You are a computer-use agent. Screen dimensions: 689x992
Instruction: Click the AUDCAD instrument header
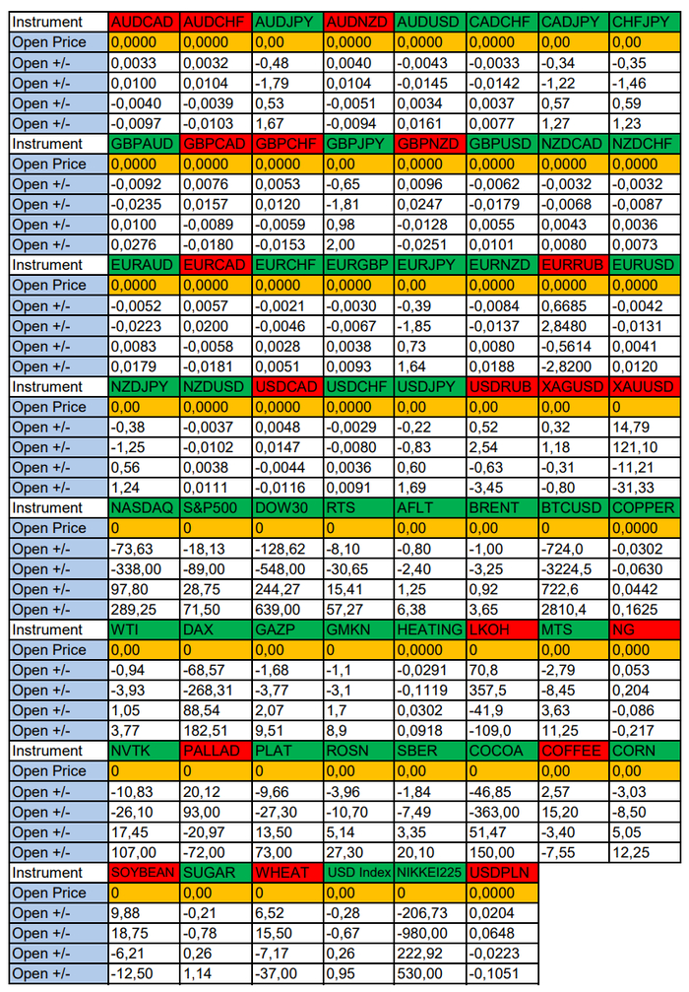(x=144, y=22)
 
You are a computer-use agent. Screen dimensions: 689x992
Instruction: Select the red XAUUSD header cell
(x=646, y=386)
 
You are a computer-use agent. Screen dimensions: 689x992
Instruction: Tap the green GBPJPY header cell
(x=358, y=144)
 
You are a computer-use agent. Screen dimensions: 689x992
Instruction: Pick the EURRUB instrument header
(x=574, y=265)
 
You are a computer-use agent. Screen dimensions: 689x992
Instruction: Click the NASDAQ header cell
(x=144, y=508)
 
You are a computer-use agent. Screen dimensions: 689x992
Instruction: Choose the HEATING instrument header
(x=430, y=629)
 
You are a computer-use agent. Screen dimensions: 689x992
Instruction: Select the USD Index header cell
(x=358, y=873)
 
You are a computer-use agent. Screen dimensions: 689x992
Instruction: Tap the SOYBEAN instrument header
(x=144, y=873)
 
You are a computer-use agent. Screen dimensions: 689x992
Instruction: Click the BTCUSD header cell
(x=574, y=508)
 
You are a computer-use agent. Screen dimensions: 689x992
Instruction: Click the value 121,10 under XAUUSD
(x=646, y=447)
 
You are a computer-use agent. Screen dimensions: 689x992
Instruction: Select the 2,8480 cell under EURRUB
(x=574, y=326)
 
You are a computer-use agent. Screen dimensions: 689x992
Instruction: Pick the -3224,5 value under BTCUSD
(x=574, y=568)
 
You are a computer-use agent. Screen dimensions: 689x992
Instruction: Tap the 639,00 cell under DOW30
(x=287, y=609)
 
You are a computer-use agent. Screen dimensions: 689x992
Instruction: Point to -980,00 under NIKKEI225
(x=430, y=933)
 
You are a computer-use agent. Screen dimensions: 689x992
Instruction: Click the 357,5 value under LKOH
(x=503, y=691)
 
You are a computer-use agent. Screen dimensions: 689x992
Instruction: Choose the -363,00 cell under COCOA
(x=503, y=812)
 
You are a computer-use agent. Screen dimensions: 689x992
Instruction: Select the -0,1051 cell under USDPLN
(x=503, y=973)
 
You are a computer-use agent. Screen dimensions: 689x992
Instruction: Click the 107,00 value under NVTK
(x=144, y=852)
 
